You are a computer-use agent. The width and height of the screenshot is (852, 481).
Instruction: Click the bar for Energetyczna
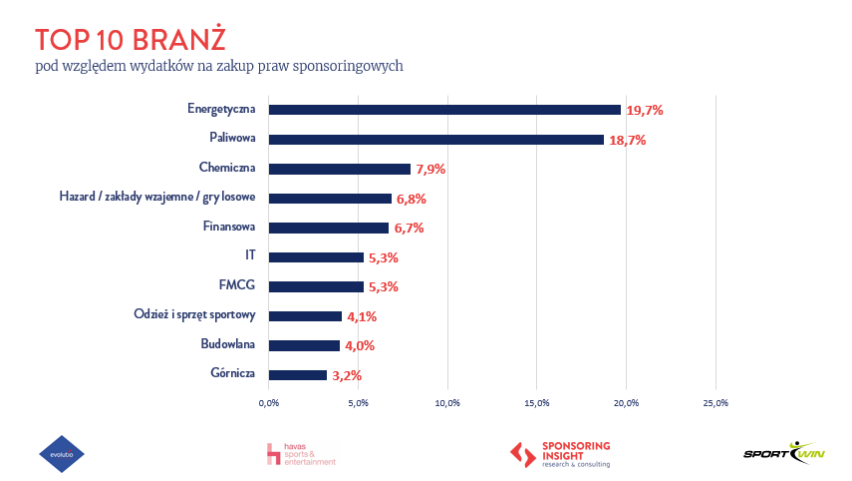click(x=444, y=110)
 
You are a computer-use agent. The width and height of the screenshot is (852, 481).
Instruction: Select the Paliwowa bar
click(x=436, y=140)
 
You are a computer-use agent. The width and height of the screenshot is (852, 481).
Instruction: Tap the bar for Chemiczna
click(x=340, y=169)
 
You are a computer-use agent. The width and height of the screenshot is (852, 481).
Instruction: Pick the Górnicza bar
click(x=298, y=375)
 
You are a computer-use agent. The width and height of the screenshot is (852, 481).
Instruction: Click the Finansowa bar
click(x=329, y=228)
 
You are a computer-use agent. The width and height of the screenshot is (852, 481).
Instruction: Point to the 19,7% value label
click(x=645, y=110)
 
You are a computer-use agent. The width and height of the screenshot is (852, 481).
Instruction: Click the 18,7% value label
click(x=628, y=140)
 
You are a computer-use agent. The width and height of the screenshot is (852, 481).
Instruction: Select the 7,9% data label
click(x=429, y=169)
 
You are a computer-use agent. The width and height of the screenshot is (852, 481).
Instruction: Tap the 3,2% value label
click(x=345, y=375)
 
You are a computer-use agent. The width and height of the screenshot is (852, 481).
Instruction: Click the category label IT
click(x=250, y=255)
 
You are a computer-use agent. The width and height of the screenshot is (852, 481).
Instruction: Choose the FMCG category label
click(x=237, y=285)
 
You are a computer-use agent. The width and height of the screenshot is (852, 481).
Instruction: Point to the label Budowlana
click(x=227, y=344)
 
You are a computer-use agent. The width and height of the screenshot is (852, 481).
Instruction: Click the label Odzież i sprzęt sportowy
click(x=195, y=314)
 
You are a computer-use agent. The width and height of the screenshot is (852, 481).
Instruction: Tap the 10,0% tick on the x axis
click(x=447, y=403)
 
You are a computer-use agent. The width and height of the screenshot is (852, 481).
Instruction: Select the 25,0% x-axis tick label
click(x=715, y=403)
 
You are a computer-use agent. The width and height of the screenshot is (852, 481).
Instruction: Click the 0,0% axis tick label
click(x=269, y=403)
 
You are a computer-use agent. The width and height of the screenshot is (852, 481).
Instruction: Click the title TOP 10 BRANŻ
click(x=130, y=39)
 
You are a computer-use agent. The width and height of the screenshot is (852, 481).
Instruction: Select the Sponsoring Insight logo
click(x=560, y=454)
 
